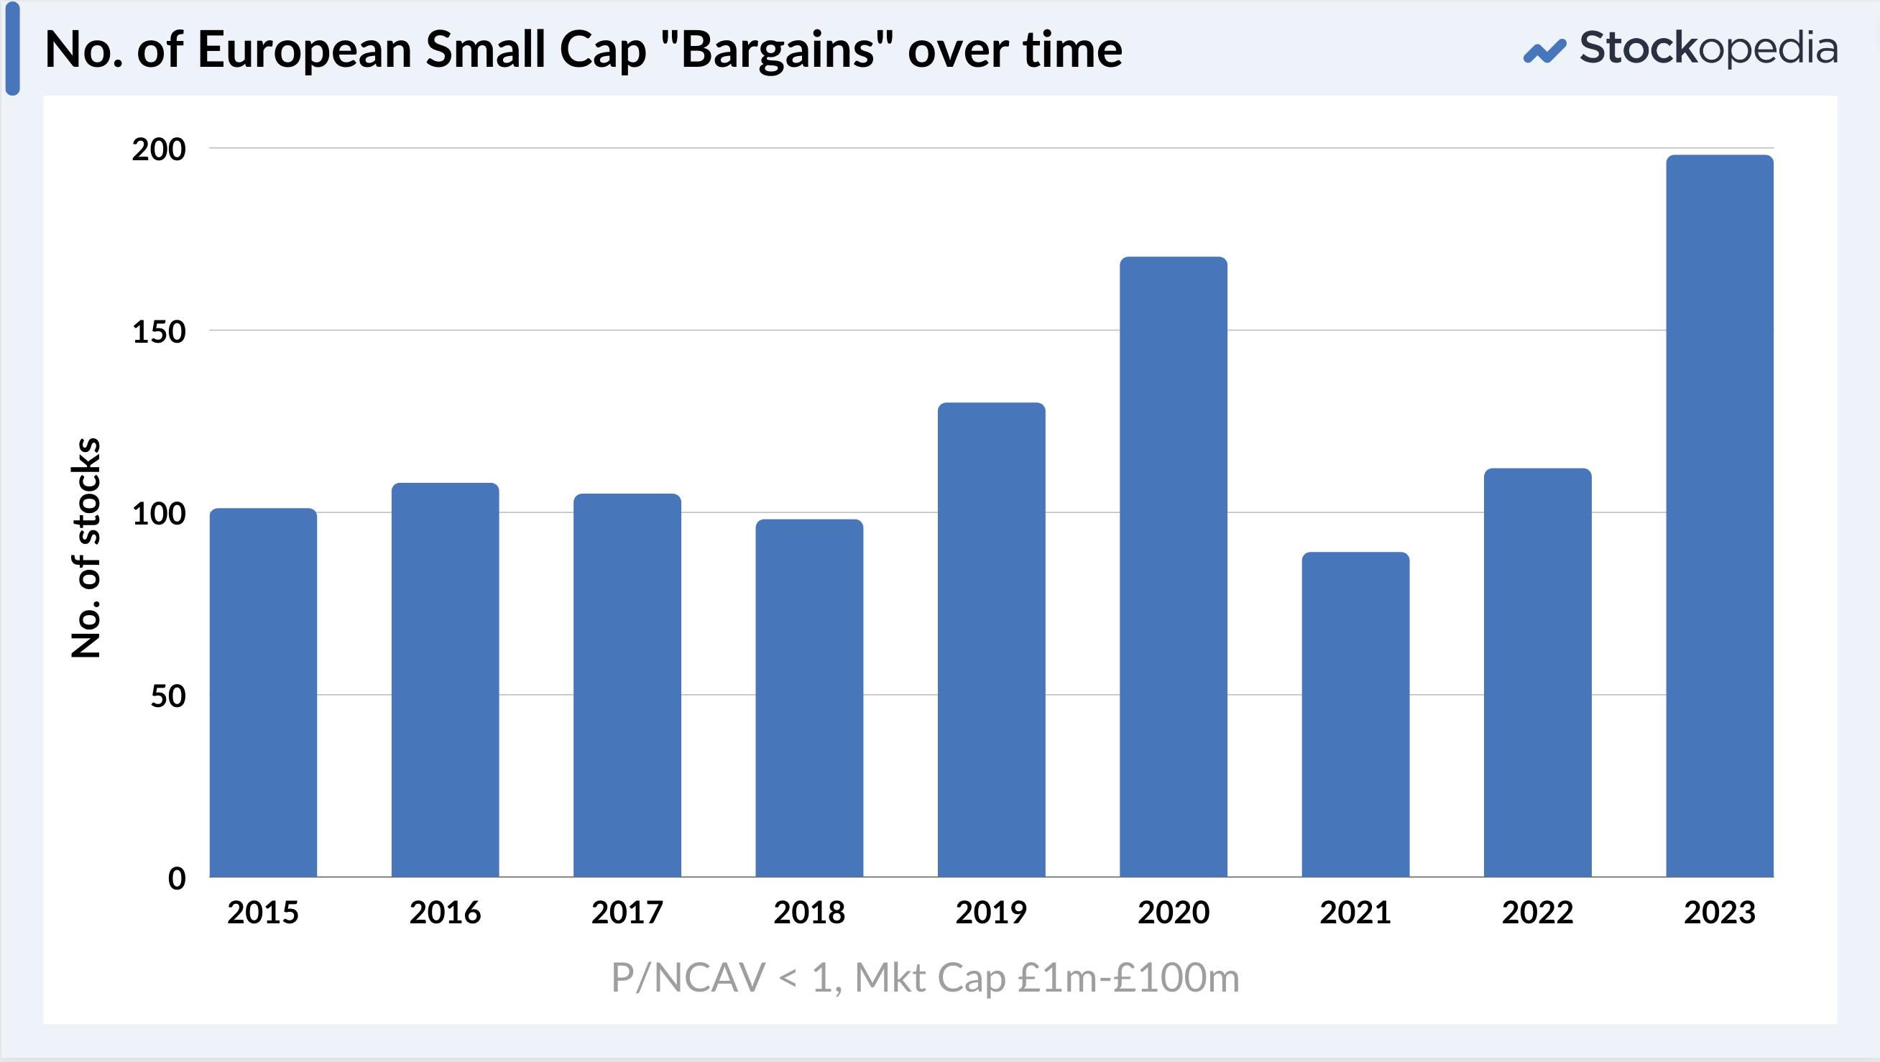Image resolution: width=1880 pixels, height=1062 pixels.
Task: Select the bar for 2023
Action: [1720, 515]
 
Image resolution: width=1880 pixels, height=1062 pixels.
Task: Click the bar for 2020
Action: [1173, 566]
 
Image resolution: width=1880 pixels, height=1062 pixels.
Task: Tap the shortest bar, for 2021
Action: [1355, 714]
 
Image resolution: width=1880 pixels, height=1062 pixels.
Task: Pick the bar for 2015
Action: [263, 692]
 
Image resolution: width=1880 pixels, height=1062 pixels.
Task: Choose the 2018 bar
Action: [808, 698]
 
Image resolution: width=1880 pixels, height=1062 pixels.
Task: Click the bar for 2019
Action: [991, 639]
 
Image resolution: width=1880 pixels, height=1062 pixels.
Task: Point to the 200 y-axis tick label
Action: [158, 149]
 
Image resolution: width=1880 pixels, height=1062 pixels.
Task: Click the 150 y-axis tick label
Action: [158, 331]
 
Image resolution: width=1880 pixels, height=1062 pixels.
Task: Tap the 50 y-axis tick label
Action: [168, 696]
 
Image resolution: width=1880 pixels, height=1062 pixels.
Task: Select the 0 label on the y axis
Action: [177, 878]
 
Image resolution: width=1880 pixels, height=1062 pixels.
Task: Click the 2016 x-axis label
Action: [444, 913]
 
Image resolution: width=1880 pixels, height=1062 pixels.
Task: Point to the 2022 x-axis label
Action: [1537, 913]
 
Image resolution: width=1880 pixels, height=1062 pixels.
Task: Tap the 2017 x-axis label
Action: [627, 913]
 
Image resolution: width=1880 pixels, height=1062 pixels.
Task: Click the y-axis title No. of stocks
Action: [86, 548]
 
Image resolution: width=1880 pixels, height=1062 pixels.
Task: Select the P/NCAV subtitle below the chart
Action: [925, 977]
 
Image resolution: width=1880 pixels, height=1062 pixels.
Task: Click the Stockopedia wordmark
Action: [1708, 48]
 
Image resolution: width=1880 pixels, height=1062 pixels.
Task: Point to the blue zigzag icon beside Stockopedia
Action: [1544, 51]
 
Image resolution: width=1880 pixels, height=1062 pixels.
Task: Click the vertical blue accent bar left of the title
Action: [12, 48]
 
